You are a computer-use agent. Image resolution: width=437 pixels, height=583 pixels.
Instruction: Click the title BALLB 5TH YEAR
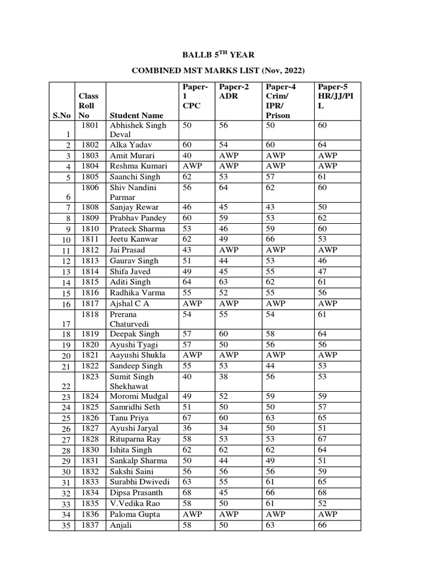tap(218, 55)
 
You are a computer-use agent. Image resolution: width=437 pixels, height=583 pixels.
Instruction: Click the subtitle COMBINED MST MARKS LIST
tap(218, 71)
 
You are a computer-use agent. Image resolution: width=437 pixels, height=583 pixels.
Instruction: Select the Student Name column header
tap(136, 116)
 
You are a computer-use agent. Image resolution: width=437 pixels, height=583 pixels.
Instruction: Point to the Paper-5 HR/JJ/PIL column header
tap(336, 96)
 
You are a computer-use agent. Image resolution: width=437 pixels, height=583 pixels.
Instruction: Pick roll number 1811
tap(89, 239)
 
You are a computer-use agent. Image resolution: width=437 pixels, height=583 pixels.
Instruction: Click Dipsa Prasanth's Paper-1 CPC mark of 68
tap(187, 493)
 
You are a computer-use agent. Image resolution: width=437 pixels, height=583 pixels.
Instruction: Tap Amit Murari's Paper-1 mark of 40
tap(187, 155)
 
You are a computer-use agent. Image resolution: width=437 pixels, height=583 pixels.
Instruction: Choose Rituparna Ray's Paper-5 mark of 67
tap(324, 439)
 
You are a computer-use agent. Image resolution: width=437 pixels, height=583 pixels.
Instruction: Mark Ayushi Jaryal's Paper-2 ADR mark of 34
tap(224, 428)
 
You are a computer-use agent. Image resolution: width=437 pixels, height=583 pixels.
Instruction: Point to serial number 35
tap(65, 525)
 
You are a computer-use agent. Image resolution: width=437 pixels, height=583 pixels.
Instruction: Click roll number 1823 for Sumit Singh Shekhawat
tap(89, 376)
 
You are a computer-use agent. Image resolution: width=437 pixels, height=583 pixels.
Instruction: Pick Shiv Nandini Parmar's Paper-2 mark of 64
tap(224, 187)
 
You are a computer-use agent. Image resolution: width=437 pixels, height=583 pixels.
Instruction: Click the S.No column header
tap(61, 116)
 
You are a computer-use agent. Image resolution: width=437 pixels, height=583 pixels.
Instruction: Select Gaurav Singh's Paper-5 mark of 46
tap(324, 261)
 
